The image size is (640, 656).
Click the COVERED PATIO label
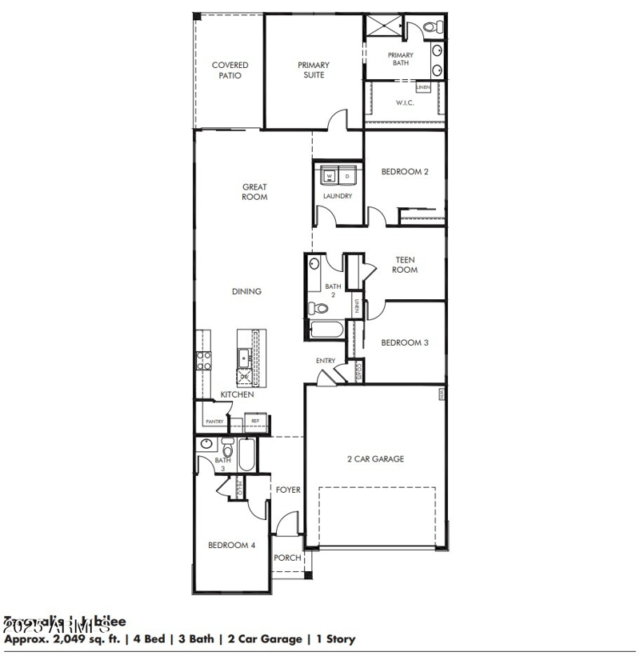(x=230, y=70)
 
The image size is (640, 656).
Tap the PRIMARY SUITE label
(x=314, y=70)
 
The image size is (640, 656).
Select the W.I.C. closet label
(x=405, y=102)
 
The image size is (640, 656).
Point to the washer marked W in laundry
(x=329, y=175)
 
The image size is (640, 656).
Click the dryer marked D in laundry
(x=347, y=175)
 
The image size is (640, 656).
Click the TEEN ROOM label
(x=405, y=265)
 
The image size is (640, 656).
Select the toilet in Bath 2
(x=314, y=308)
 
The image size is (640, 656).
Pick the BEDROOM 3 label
(x=405, y=342)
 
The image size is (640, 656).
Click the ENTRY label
(x=326, y=361)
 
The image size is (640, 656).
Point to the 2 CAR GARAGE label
(x=375, y=459)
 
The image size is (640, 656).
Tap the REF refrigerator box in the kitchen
(x=255, y=420)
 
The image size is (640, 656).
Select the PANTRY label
(x=214, y=421)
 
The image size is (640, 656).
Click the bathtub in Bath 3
(x=246, y=457)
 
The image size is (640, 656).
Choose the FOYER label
(x=289, y=490)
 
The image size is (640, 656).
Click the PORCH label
(x=287, y=558)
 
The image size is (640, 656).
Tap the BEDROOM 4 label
(x=231, y=546)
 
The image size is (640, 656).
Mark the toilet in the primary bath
(x=433, y=28)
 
